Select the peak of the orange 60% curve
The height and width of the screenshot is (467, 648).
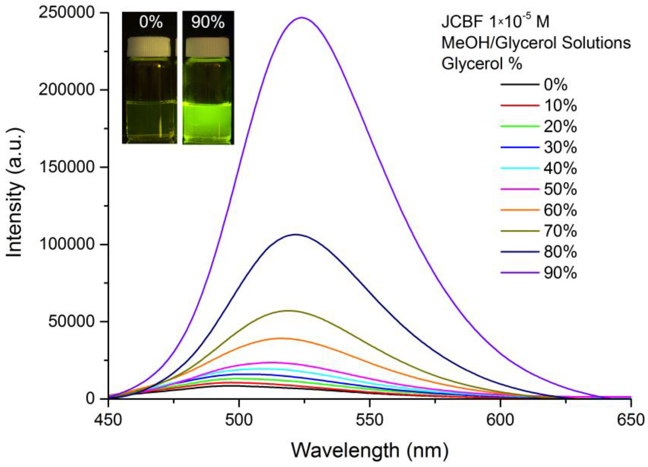(281, 338)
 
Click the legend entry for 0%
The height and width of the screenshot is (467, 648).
(555, 85)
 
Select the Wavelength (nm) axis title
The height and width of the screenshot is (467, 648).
(370, 451)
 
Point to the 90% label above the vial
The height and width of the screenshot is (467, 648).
(208, 22)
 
